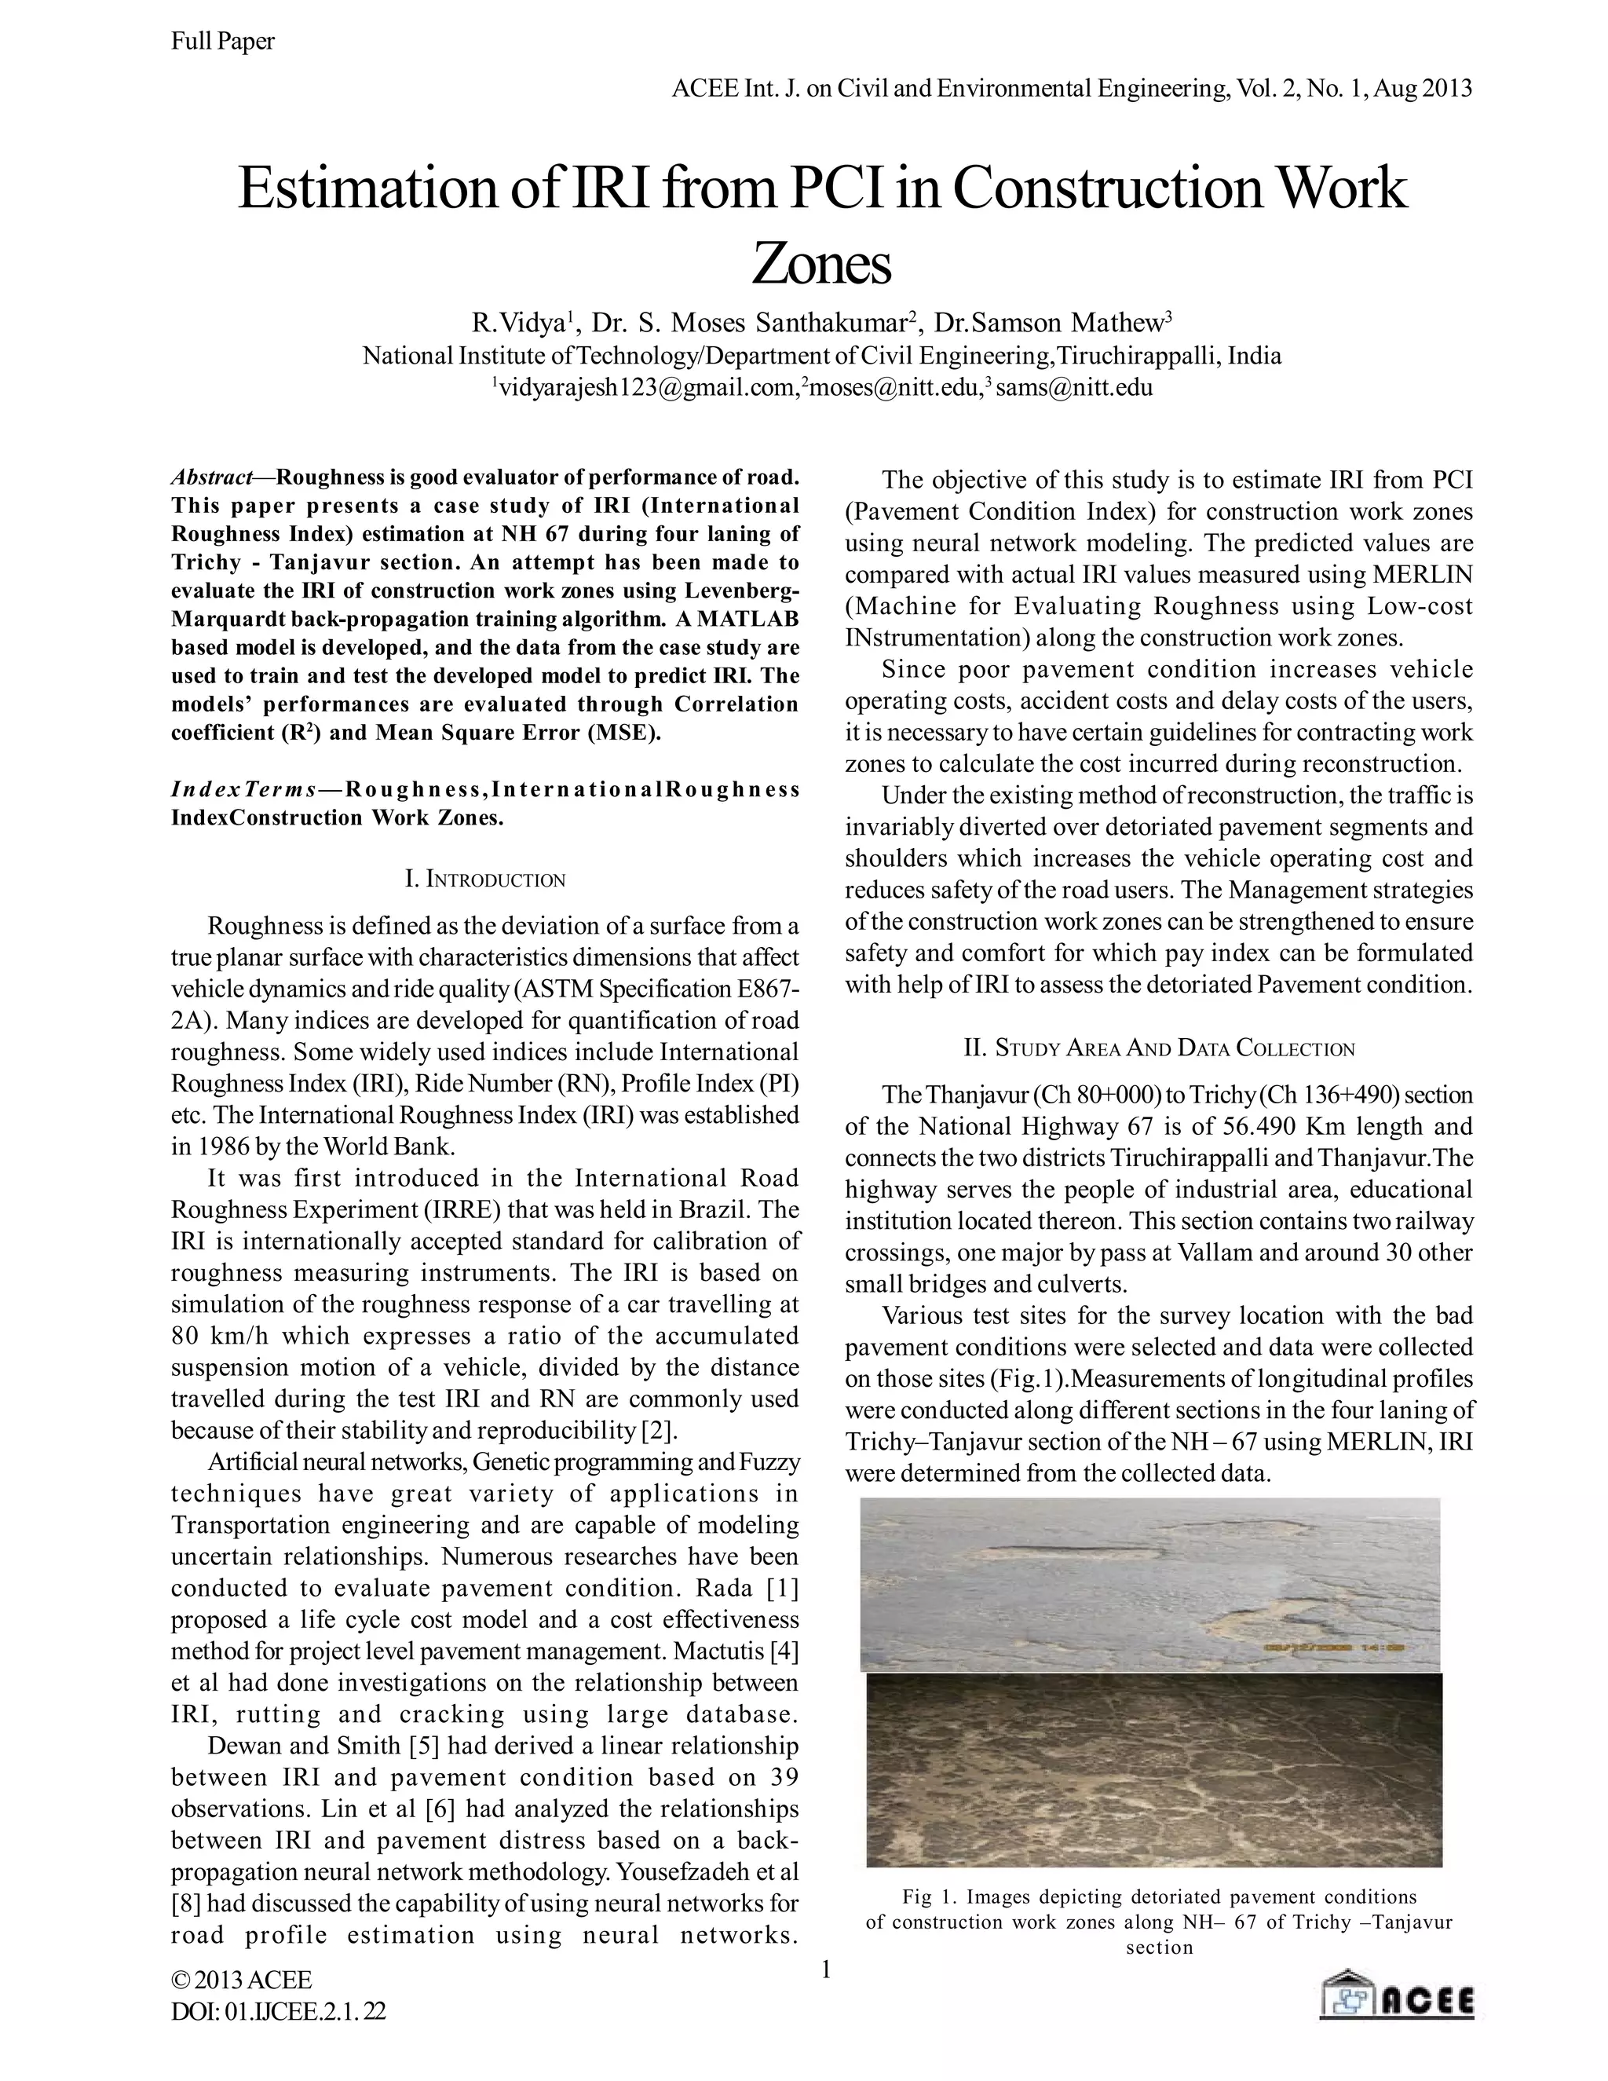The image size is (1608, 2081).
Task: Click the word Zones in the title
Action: pos(821,265)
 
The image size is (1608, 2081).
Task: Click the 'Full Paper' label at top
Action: pos(223,41)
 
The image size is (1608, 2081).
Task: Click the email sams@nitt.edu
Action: pos(1075,388)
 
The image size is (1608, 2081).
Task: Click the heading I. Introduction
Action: pos(485,879)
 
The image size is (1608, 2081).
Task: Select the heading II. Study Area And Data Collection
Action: pos(1158,1048)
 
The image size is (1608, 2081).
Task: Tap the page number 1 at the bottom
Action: pos(826,1969)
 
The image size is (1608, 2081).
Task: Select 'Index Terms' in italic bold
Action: pos(244,790)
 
